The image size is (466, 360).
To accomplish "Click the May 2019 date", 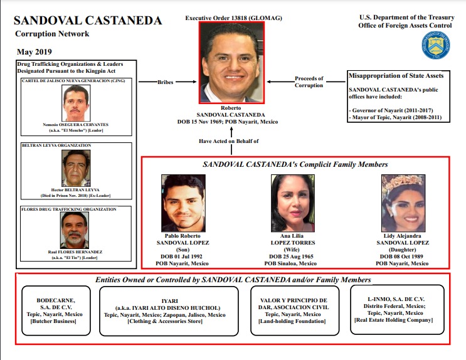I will click(x=34, y=51).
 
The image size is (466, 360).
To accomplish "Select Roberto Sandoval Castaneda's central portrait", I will click(x=233, y=63).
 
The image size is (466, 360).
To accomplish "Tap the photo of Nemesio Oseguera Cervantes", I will click(x=76, y=103).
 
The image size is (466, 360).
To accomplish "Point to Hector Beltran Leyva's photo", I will click(x=76, y=168).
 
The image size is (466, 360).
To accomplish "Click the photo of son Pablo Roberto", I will click(x=183, y=203).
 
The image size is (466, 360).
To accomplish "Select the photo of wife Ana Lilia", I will click(x=292, y=203).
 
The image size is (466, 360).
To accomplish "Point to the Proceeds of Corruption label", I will click(x=309, y=82).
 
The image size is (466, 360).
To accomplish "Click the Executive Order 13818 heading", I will click(x=232, y=19).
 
